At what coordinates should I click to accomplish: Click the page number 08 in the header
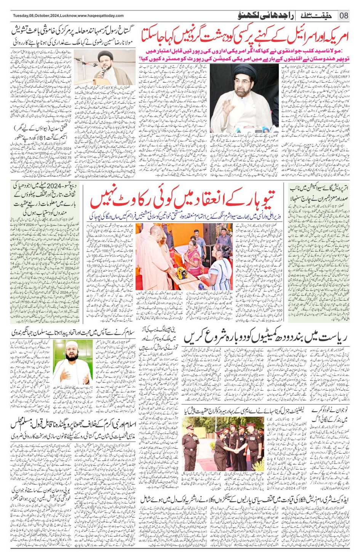[344, 16]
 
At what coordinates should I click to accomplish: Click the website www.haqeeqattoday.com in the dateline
[101, 16]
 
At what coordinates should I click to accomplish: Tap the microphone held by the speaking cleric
[103, 71]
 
